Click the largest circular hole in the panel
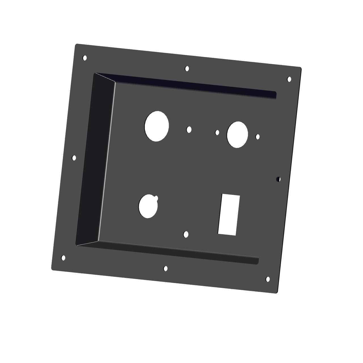click(157, 126)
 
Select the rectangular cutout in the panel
click(229, 215)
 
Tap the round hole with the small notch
click(148, 206)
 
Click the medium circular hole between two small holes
click(237, 134)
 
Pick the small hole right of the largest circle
click(189, 130)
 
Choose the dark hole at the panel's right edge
click(278, 179)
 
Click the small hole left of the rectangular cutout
click(186, 234)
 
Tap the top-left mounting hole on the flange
click(85, 58)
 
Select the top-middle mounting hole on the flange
click(187, 68)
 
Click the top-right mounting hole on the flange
click(289, 79)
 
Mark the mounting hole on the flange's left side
click(74, 158)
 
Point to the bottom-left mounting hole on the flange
click(63, 258)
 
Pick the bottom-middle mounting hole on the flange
click(166, 268)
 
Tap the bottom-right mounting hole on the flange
click(268, 279)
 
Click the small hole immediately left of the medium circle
click(217, 132)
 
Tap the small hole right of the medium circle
click(258, 137)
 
